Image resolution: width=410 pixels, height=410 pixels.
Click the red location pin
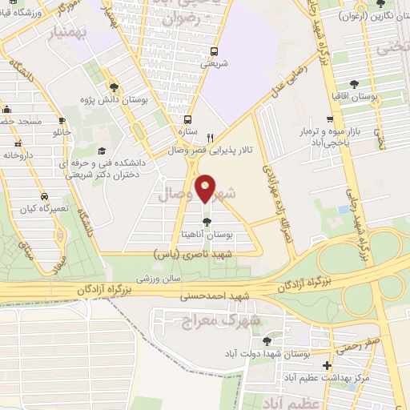point(207,190)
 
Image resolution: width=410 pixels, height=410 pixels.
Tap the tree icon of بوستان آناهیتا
point(207,222)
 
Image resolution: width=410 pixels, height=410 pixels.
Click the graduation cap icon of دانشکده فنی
point(102,151)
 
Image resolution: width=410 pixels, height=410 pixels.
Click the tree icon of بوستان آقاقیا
point(355,83)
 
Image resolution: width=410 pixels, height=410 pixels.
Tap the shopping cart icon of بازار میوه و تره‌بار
point(328,118)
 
